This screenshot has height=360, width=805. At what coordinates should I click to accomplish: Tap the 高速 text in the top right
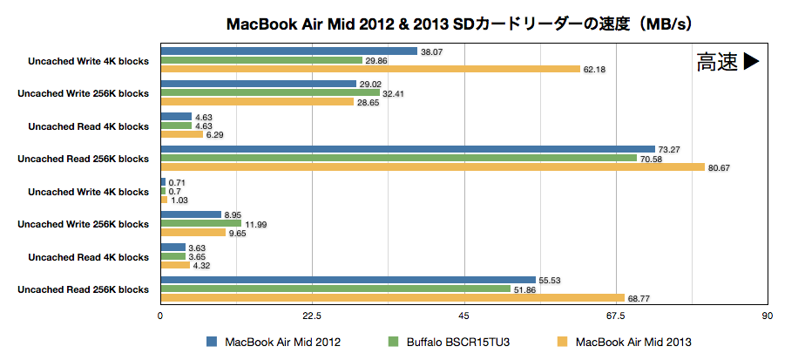[x=717, y=62]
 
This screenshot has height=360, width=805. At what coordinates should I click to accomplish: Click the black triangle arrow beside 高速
[x=751, y=62]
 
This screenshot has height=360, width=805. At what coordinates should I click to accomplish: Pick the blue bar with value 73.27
[x=408, y=149]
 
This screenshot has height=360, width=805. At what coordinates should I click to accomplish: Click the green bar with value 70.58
[x=399, y=158]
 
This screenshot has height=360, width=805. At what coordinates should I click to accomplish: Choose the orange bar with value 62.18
[x=370, y=69]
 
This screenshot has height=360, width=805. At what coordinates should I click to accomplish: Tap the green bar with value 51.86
[x=335, y=289]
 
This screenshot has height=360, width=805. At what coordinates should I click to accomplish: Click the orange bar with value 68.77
[x=393, y=298]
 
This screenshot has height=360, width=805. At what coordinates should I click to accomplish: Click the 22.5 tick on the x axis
[x=313, y=316]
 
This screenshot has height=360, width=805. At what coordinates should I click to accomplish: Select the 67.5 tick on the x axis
[x=616, y=316]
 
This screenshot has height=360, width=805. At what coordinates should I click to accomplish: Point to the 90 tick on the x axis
[x=767, y=316]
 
